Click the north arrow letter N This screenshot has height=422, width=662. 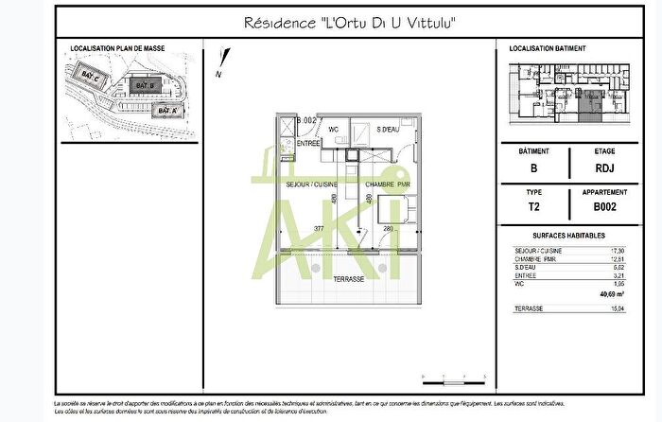pos(218,73)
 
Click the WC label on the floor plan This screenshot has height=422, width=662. pos(333,129)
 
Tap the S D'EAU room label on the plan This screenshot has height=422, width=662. pos(390,129)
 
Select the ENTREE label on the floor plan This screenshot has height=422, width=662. pos(308,143)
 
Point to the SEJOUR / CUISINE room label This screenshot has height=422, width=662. pos(312,185)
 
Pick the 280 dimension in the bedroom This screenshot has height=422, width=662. pos(388,228)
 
